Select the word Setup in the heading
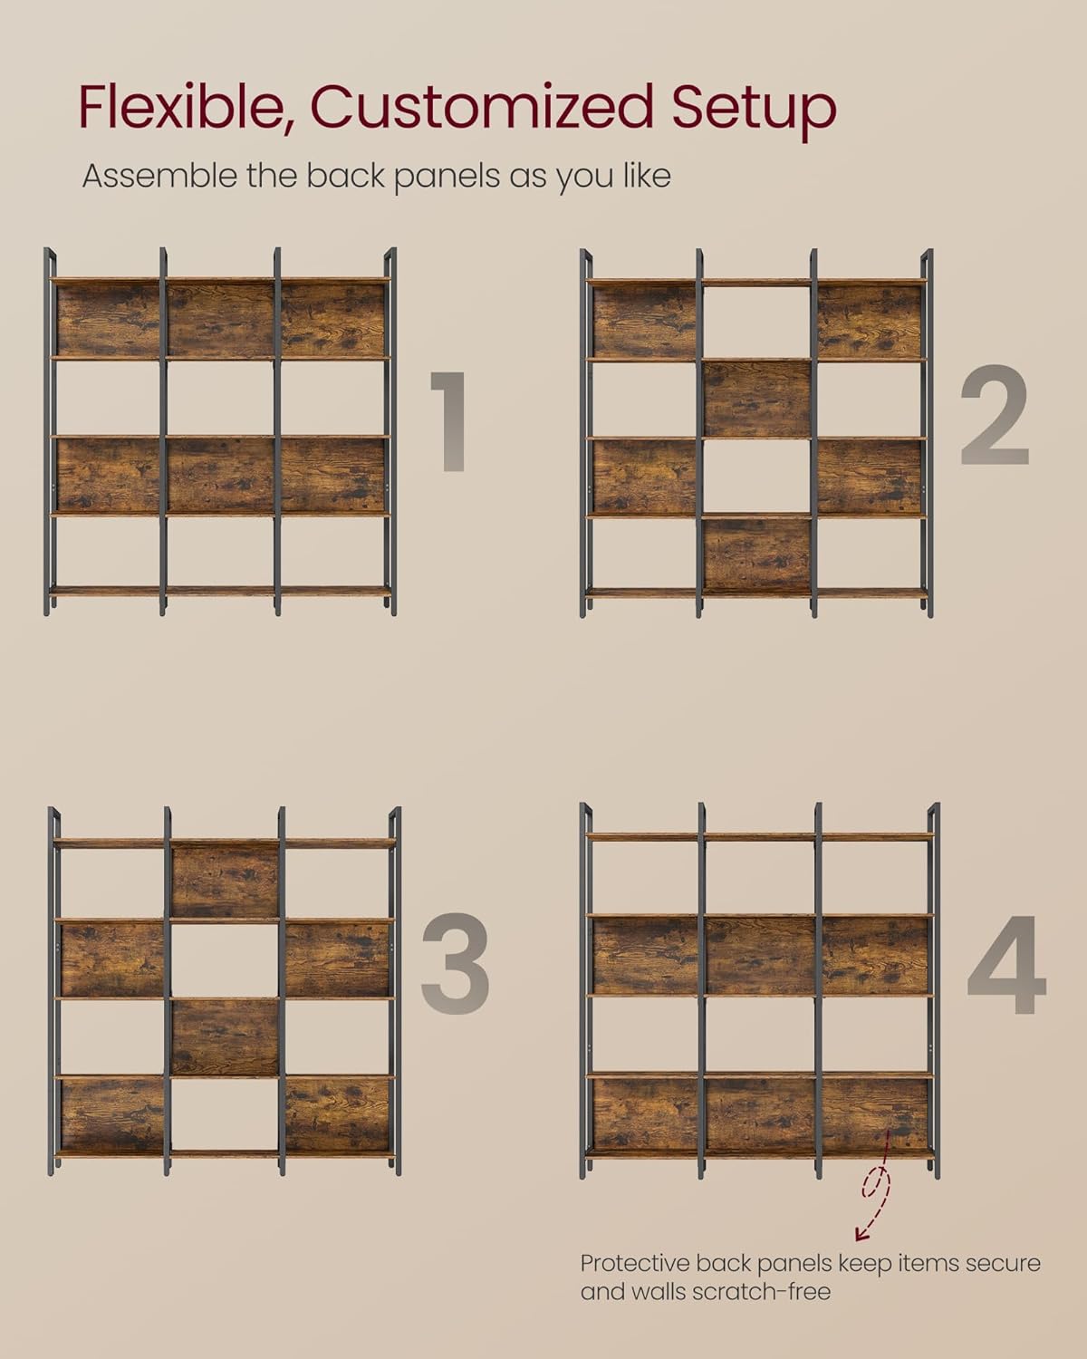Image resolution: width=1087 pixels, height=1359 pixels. pos(754,113)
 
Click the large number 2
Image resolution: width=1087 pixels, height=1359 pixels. pos(995,415)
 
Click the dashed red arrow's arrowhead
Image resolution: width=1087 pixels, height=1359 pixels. pos(861,1234)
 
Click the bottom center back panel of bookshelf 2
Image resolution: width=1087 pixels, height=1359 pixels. pos(756,555)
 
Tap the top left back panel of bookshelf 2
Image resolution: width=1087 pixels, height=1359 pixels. pos(644,321)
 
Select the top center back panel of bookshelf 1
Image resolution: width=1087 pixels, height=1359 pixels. pos(220,320)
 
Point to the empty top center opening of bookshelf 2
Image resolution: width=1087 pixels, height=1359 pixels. pos(756,322)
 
